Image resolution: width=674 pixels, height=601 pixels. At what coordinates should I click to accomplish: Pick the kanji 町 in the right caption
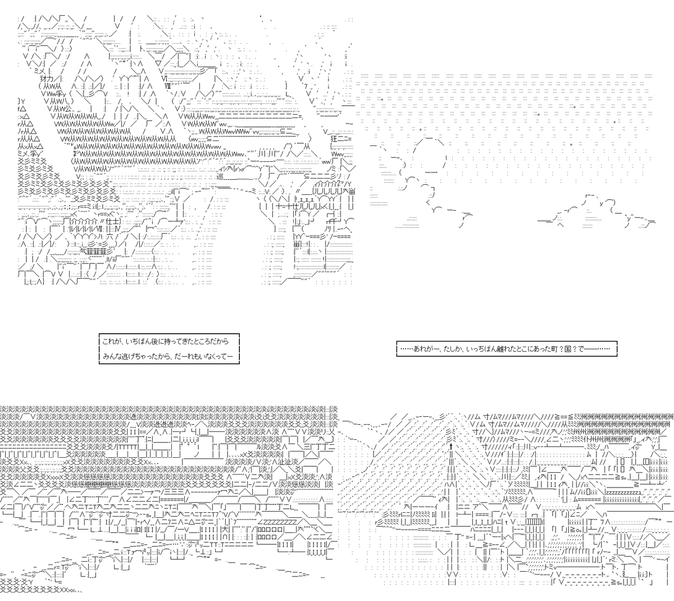(554, 349)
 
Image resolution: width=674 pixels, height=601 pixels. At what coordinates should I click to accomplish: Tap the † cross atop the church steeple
(451, 447)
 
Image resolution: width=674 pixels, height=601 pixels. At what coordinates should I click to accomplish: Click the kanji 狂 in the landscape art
(334, 138)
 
